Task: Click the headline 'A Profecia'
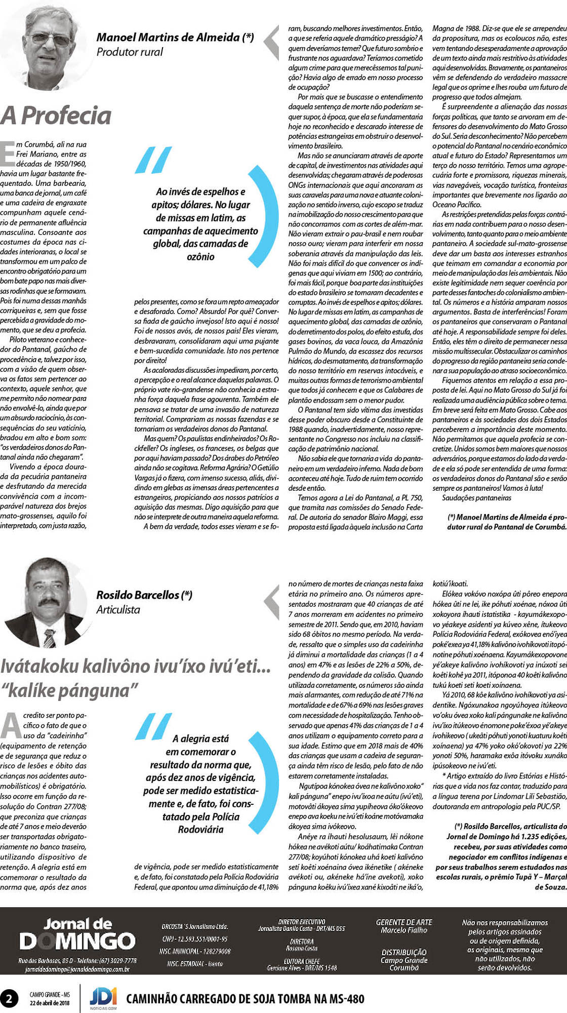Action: [x=56, y=115]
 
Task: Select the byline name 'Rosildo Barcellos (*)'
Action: [x=144, y=595]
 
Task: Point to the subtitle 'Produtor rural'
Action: [x=130, y=52]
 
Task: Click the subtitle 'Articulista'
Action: [x=118, y=609]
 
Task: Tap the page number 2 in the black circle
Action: [x=9, y=998]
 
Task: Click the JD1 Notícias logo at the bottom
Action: [x=103, y=997]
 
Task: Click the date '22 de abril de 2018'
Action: [x=50, y=1003]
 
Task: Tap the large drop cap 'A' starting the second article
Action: [x=11, y=726]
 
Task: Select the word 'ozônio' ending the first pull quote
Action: [x=200, y=257]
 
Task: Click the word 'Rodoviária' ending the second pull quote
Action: [x=200, y=829]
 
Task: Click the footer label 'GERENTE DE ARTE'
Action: [x=404, y=922]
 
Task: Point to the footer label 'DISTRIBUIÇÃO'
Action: [x=404, y=952]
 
